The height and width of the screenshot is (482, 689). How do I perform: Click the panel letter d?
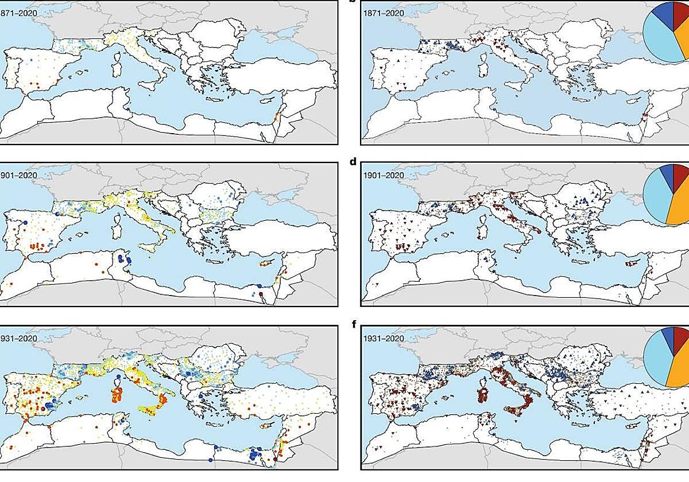click(354, 162)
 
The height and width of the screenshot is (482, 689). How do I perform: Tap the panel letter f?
click(354, 324)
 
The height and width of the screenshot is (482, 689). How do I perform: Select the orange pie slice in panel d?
click(681, 204)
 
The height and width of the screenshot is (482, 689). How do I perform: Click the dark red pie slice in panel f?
click(681, 339)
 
